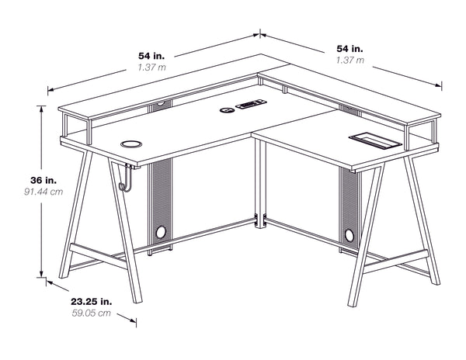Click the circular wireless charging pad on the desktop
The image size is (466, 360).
point(130,144)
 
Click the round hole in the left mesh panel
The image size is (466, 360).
point(162,231)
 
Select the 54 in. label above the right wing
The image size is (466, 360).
point(345,48)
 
